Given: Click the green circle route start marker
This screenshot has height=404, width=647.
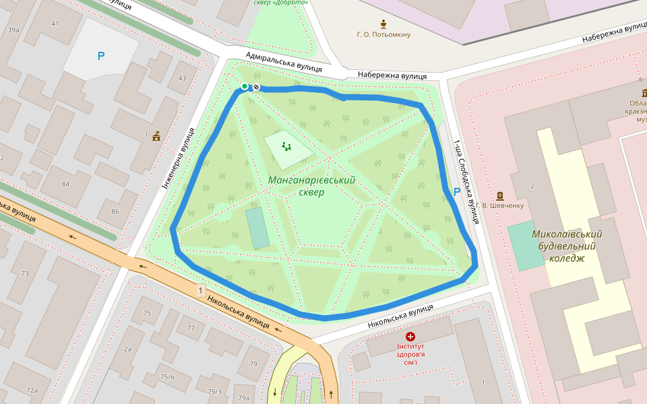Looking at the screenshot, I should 245,86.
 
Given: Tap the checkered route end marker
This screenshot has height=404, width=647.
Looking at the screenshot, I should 256,87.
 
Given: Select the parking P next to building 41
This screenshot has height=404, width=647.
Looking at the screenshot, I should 101,57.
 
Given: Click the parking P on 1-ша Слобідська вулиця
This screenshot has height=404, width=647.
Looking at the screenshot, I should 457,192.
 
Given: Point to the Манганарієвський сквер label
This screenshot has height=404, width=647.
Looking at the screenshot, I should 311,186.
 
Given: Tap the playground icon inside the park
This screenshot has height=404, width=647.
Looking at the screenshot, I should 287,146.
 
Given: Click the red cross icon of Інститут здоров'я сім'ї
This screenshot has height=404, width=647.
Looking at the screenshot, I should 410,335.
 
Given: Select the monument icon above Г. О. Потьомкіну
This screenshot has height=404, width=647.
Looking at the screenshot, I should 383,23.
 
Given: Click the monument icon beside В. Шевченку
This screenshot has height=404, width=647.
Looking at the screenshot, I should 500,195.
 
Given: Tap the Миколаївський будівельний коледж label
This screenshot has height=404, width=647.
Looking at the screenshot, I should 566,246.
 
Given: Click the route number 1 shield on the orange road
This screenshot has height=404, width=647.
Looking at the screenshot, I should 200,291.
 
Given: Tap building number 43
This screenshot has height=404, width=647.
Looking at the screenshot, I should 182,78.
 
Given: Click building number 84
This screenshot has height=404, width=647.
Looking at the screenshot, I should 65,184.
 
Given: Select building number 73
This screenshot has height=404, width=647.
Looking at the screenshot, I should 25,273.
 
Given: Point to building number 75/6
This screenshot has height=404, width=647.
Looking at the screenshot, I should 167,376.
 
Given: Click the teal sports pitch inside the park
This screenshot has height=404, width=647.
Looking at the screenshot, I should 257,227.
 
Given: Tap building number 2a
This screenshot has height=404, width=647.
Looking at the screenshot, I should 127,349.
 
